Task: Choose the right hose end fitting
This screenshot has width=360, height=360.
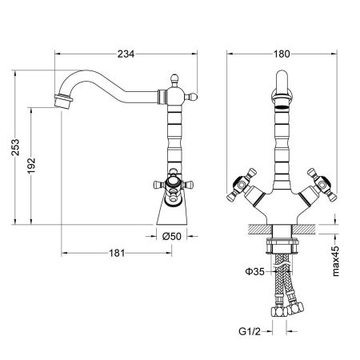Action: [298, 306]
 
